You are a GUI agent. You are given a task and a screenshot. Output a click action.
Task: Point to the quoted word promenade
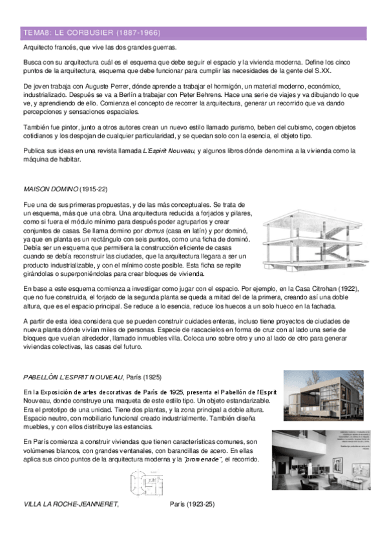pos(204,459)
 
